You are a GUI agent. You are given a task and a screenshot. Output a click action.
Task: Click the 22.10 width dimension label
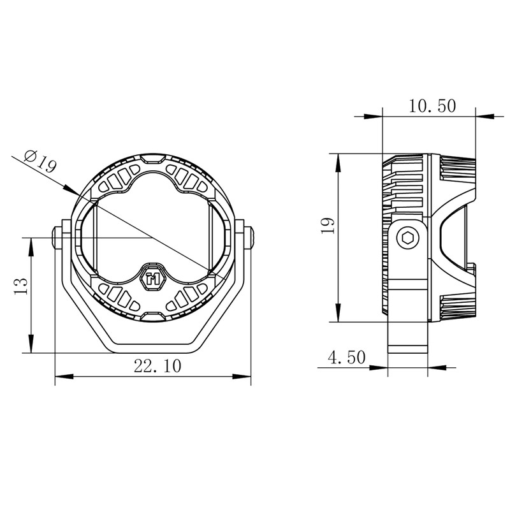[157, 366]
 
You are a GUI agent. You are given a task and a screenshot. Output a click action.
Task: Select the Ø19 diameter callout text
[40, 161]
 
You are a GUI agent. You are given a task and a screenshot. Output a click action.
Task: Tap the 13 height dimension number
[21, 286]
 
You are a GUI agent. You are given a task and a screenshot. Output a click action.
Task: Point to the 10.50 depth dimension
[432, 106]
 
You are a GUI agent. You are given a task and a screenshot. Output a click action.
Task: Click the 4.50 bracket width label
[346, 357]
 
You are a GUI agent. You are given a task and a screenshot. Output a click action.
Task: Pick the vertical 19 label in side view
[328, 225]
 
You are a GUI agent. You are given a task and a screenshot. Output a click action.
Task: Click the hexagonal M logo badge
[152, 277]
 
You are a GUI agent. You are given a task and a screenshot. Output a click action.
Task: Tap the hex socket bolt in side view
[407, 238]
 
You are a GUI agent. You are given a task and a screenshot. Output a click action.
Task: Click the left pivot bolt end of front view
[57, 238]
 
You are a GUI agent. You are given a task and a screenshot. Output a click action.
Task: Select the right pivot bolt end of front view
[249, 238]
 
